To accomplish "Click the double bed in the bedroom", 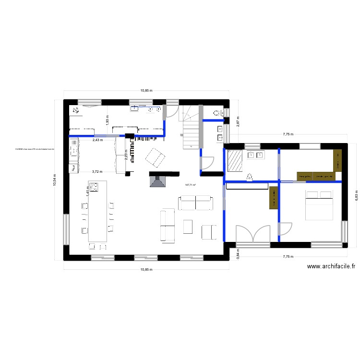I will coord(319,205).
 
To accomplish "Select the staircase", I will coord(191,127).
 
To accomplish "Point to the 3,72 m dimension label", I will coord(97,171).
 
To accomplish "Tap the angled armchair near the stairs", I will coord(155,157).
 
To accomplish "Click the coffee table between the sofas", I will coord(188,227).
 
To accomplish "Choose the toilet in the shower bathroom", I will coord(249,178).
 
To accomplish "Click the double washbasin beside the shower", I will coord(255,155).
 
